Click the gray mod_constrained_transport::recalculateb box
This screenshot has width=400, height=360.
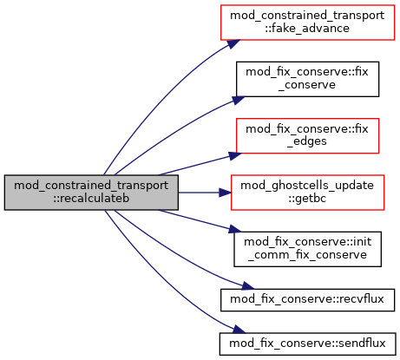point(91,193)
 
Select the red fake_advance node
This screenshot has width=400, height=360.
point(307,23)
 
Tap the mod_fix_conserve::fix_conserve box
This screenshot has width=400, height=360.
point(307,79)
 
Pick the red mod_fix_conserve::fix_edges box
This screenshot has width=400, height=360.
point(307,135)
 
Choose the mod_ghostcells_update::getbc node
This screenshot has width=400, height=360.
point(307,193)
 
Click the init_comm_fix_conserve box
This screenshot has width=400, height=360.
point(307,249)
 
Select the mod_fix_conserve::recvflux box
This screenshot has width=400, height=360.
point(307,300)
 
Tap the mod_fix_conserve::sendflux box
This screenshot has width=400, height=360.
point(307,344)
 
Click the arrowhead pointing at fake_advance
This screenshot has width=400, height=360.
point(233,43)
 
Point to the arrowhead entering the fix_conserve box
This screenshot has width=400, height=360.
point(238,100)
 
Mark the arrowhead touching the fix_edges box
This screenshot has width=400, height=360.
point(235,155)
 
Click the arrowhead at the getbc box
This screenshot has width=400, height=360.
point(225,193)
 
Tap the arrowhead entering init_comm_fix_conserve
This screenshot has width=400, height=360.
point(235,229)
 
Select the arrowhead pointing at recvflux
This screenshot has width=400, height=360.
point(248,286)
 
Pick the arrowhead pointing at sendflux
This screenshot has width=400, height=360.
point(239,330)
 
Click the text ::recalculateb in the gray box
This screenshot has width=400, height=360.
point(91,199)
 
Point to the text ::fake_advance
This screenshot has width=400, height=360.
point(307,29)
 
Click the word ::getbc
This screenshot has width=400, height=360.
point(307,199)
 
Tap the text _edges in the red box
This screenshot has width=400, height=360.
point(307,142)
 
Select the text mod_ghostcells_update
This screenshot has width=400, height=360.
point(307,186)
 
